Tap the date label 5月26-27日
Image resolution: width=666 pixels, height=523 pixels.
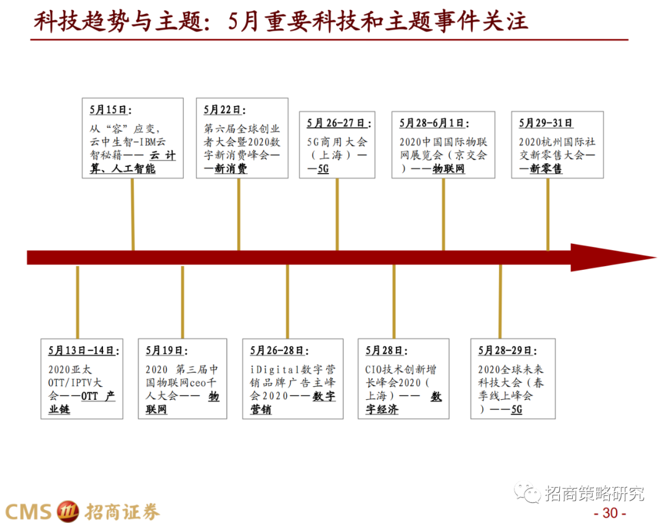335,123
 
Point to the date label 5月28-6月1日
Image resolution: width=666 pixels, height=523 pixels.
434,123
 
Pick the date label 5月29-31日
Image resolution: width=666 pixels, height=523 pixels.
546,123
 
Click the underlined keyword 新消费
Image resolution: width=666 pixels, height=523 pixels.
231,169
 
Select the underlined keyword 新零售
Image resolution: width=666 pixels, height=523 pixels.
546,169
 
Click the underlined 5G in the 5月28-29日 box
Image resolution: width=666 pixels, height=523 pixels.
516,409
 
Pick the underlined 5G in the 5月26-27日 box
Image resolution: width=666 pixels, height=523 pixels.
323,169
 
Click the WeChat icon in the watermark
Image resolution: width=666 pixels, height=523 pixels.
528,493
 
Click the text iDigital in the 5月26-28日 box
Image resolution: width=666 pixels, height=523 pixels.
274,370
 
